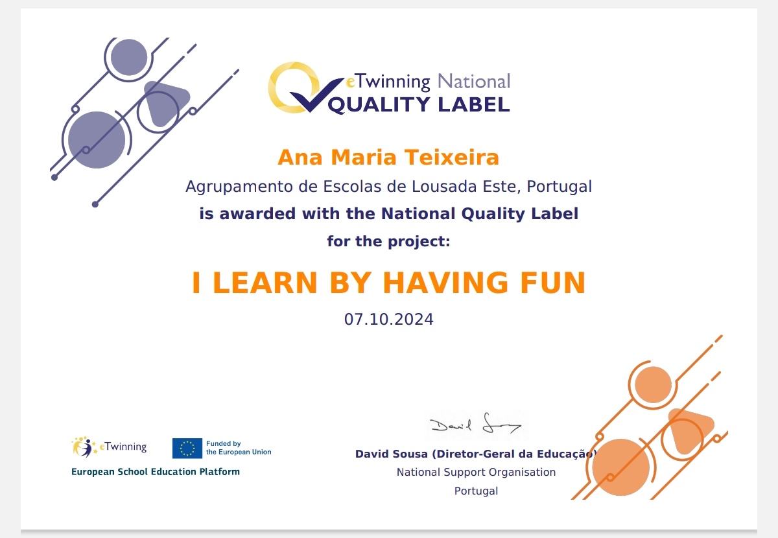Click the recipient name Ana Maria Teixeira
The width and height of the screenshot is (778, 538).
pos(388,158)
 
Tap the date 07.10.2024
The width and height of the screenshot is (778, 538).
pos(388,319)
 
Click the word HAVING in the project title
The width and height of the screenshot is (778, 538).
pos(445,283)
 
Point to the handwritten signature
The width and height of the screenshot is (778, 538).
pos(476,425)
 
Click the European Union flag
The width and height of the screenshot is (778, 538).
pos(187,448)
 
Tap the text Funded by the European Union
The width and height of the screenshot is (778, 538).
pos(239,448)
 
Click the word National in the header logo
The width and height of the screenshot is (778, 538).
pos(474,81)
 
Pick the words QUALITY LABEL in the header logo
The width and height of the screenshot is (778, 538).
pos(419,105)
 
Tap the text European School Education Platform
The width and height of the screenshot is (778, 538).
pos(155,472)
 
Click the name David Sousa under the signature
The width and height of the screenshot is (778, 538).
pos(392,454)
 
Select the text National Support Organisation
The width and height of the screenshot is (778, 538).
pos(476,472)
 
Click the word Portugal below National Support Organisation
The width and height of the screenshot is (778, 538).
pos(476,491)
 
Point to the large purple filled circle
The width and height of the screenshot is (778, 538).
pos(97,140)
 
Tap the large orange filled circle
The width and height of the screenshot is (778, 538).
pos(620,467)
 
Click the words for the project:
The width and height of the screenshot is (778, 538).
pos(388,241)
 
